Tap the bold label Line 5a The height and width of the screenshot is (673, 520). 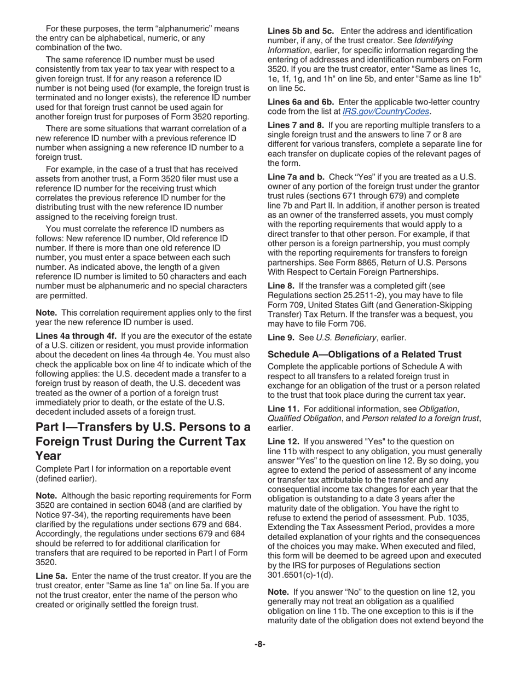pyautogui.click(x=51, y=576)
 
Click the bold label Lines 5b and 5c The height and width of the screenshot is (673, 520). pyautogui.click(x=300, y=31)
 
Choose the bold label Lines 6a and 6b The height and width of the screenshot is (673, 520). pyautogui.click(x=301, y=102)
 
